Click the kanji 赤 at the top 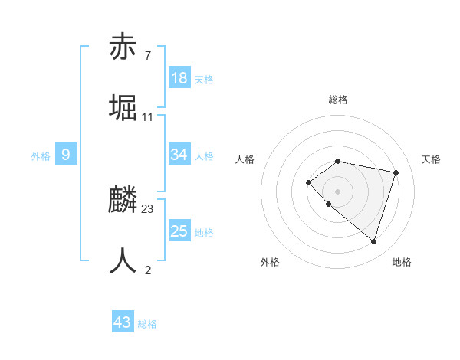pyautogui.click(x=123, y=47)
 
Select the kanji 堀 pyautogui.click(x=123, y=108)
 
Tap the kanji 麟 pyautogui.click(x=123, y=201)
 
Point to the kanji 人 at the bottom pyautogui.click(x=123, y=260)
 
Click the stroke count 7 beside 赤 pyautogui.click(x=148, y=56)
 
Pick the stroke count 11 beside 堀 pyautogui.click(x=148, y=117)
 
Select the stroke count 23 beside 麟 pyautogui.click(x=148, y=209)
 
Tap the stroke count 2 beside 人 pyautogui.click(x=148, y=270)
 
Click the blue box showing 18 pyautogui.click(x=179, y=78)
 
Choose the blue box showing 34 pyautogui.click(x=179, y=155)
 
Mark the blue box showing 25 pyautogui.click(x=179, y=231)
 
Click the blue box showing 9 pyautogui.click(x=66, y=155)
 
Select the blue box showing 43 pyautogui.click(x=123, y=322)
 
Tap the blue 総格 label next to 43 pyautogui.click(x=147, y=324)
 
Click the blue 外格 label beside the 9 pyautogui.click(x=41, y=156)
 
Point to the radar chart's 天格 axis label pyautogui.click(x=431, y=159)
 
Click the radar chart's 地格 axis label pyautogui.click(x=402, y=262)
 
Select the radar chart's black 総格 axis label pyautogui.click(x=337, y=100)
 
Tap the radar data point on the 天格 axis pyautogui.click(x=396, y=172)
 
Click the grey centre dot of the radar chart pyautogui.click(x=337, y=191)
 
